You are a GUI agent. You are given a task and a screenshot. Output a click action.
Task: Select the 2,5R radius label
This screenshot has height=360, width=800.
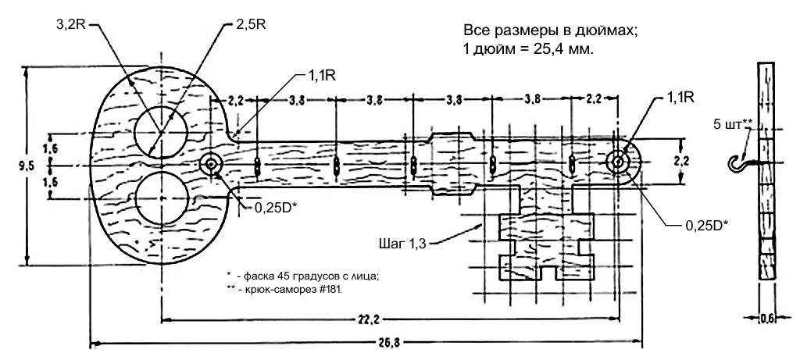pyautogui.click(x=248, y=24)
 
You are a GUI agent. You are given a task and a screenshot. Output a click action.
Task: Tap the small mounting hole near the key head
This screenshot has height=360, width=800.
pyautogui.click(x=210, y=165)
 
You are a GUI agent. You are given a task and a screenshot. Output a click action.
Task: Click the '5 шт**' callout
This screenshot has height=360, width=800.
pyautogui.click(x=732, y=123)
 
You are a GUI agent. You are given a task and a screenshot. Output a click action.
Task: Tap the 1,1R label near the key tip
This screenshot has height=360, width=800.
pyautogui.click(x=680, y=96)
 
